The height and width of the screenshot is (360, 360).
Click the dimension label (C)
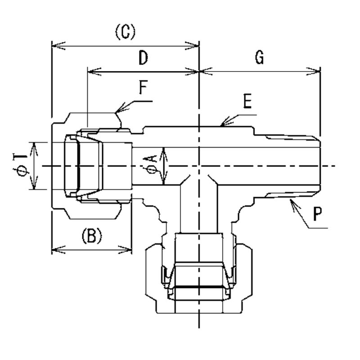click(125, 32)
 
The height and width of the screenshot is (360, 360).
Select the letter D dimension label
click(143, 58)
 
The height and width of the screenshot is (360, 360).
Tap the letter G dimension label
click(259, 58)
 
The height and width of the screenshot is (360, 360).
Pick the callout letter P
click(318, 215)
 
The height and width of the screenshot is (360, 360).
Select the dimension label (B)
click(91, 236)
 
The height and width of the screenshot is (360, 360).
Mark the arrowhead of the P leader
click(292, 202)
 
